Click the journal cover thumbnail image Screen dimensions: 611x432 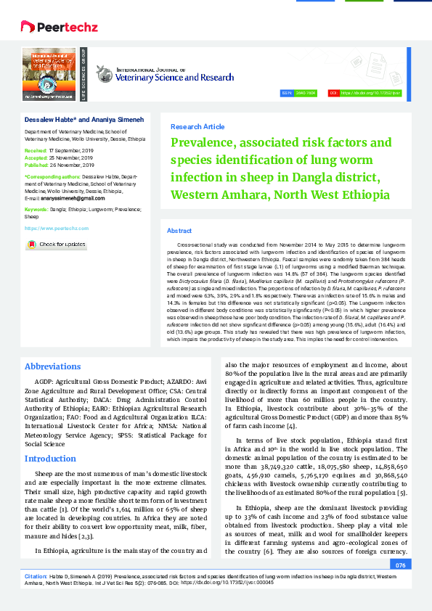click(x=49, y=74)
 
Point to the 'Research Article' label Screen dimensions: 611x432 click(x=197, y=126)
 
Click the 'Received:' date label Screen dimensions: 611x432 click(x=36, y=150)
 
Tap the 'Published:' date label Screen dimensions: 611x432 click(x=37, y=163)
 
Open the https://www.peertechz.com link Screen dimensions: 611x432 click(x=57, y=228)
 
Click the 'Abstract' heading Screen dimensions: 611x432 click(x=179, y=230)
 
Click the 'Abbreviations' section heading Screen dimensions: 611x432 click(x=58, y=366)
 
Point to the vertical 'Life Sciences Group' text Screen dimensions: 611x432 click(x=83, y=74)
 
